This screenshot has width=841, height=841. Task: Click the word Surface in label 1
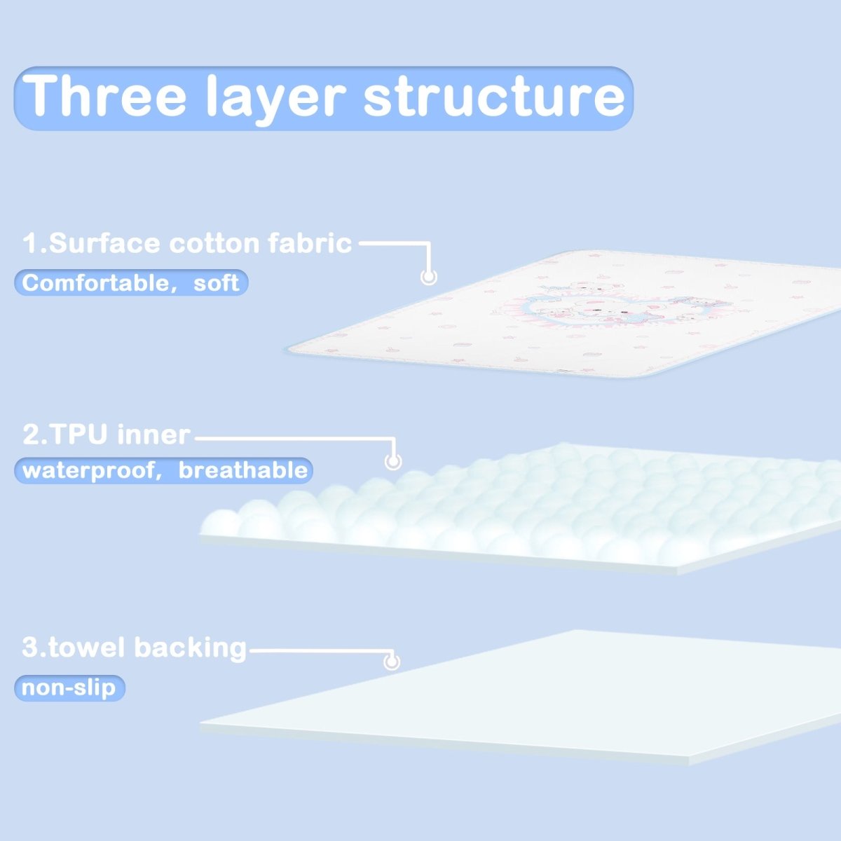(x=104, y=242)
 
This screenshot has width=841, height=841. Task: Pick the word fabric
(x=310, y=242)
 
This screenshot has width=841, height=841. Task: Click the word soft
(x=216, y=283)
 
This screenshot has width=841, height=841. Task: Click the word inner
(x=153, y=435)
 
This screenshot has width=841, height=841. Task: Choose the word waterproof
(x=88, y=471)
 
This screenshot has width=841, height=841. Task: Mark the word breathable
(x=242, y=470)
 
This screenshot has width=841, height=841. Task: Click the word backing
(x=191, y=648)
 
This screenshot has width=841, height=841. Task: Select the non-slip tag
(x=69, y=688)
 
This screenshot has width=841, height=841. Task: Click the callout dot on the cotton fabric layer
(x=429, y=277)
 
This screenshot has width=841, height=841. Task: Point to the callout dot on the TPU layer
(x=392, y=461)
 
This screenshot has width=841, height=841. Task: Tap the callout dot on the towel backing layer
(x=392, y=662)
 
